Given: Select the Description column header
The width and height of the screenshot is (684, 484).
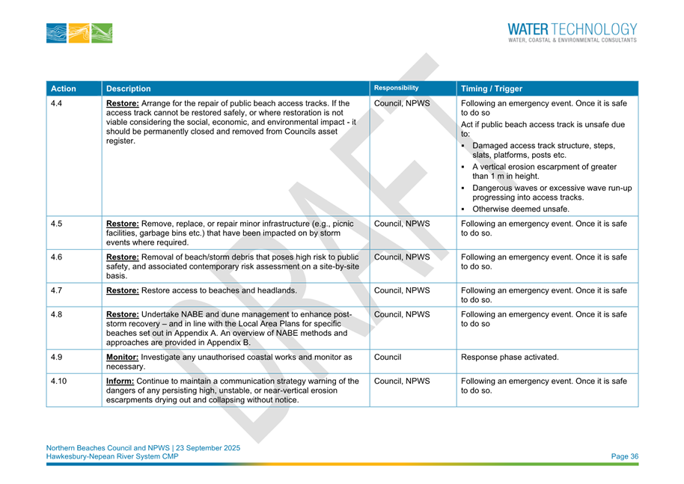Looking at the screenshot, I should pyautogui.click(x=129, y=88).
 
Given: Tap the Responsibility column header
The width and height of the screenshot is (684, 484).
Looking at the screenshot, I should pyautogui.click(x=397, y=87).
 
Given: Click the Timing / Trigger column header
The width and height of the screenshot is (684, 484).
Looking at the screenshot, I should pyautogui.click(x=492, y=88).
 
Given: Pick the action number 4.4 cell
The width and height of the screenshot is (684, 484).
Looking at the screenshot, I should pyautogui.click(x=55, y=102).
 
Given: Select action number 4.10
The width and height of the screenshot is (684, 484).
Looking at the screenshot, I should pyautogui.click(x=58, y=382).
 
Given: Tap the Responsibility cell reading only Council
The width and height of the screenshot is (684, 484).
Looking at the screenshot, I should pyautogui.click(x=388, y=357).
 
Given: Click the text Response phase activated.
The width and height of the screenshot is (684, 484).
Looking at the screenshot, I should pyautogui.click(x=510, y=357).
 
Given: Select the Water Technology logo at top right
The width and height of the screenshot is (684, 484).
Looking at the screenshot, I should pyautogui.click(x=572, y=32).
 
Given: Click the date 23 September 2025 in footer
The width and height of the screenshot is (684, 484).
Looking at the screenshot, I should pyautogui.click(x=205, y=448).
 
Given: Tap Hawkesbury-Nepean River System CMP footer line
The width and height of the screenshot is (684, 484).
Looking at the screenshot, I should pyautogui.click(x=112, y=457).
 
